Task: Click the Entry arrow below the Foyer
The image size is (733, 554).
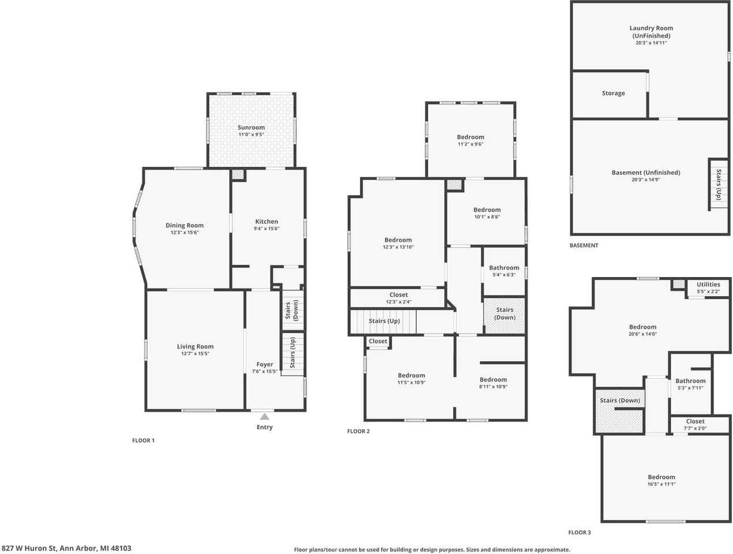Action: (264, 416)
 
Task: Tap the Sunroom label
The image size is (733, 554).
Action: (251, 128)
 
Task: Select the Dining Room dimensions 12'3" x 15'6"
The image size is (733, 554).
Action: (185, 233)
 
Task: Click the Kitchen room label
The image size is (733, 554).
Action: (267, 222)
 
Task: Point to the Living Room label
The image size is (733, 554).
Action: (195, 347)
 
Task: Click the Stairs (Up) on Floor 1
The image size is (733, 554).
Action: (293, 353)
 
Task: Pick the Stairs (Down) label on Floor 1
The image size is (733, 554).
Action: (292, 310)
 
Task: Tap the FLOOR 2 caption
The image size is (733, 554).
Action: (358, 431)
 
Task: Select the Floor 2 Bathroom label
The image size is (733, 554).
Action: (504, 268)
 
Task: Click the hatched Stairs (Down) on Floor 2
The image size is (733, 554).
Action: (504, 314)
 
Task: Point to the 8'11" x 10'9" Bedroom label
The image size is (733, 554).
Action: (493, 380)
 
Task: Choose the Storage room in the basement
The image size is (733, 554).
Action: (613, 93)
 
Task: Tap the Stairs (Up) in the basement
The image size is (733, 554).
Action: (719, 184)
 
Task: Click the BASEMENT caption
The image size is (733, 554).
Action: (584, 245)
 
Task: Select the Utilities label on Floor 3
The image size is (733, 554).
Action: (708, 285)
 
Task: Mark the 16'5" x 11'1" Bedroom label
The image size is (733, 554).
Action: (661, 477)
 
